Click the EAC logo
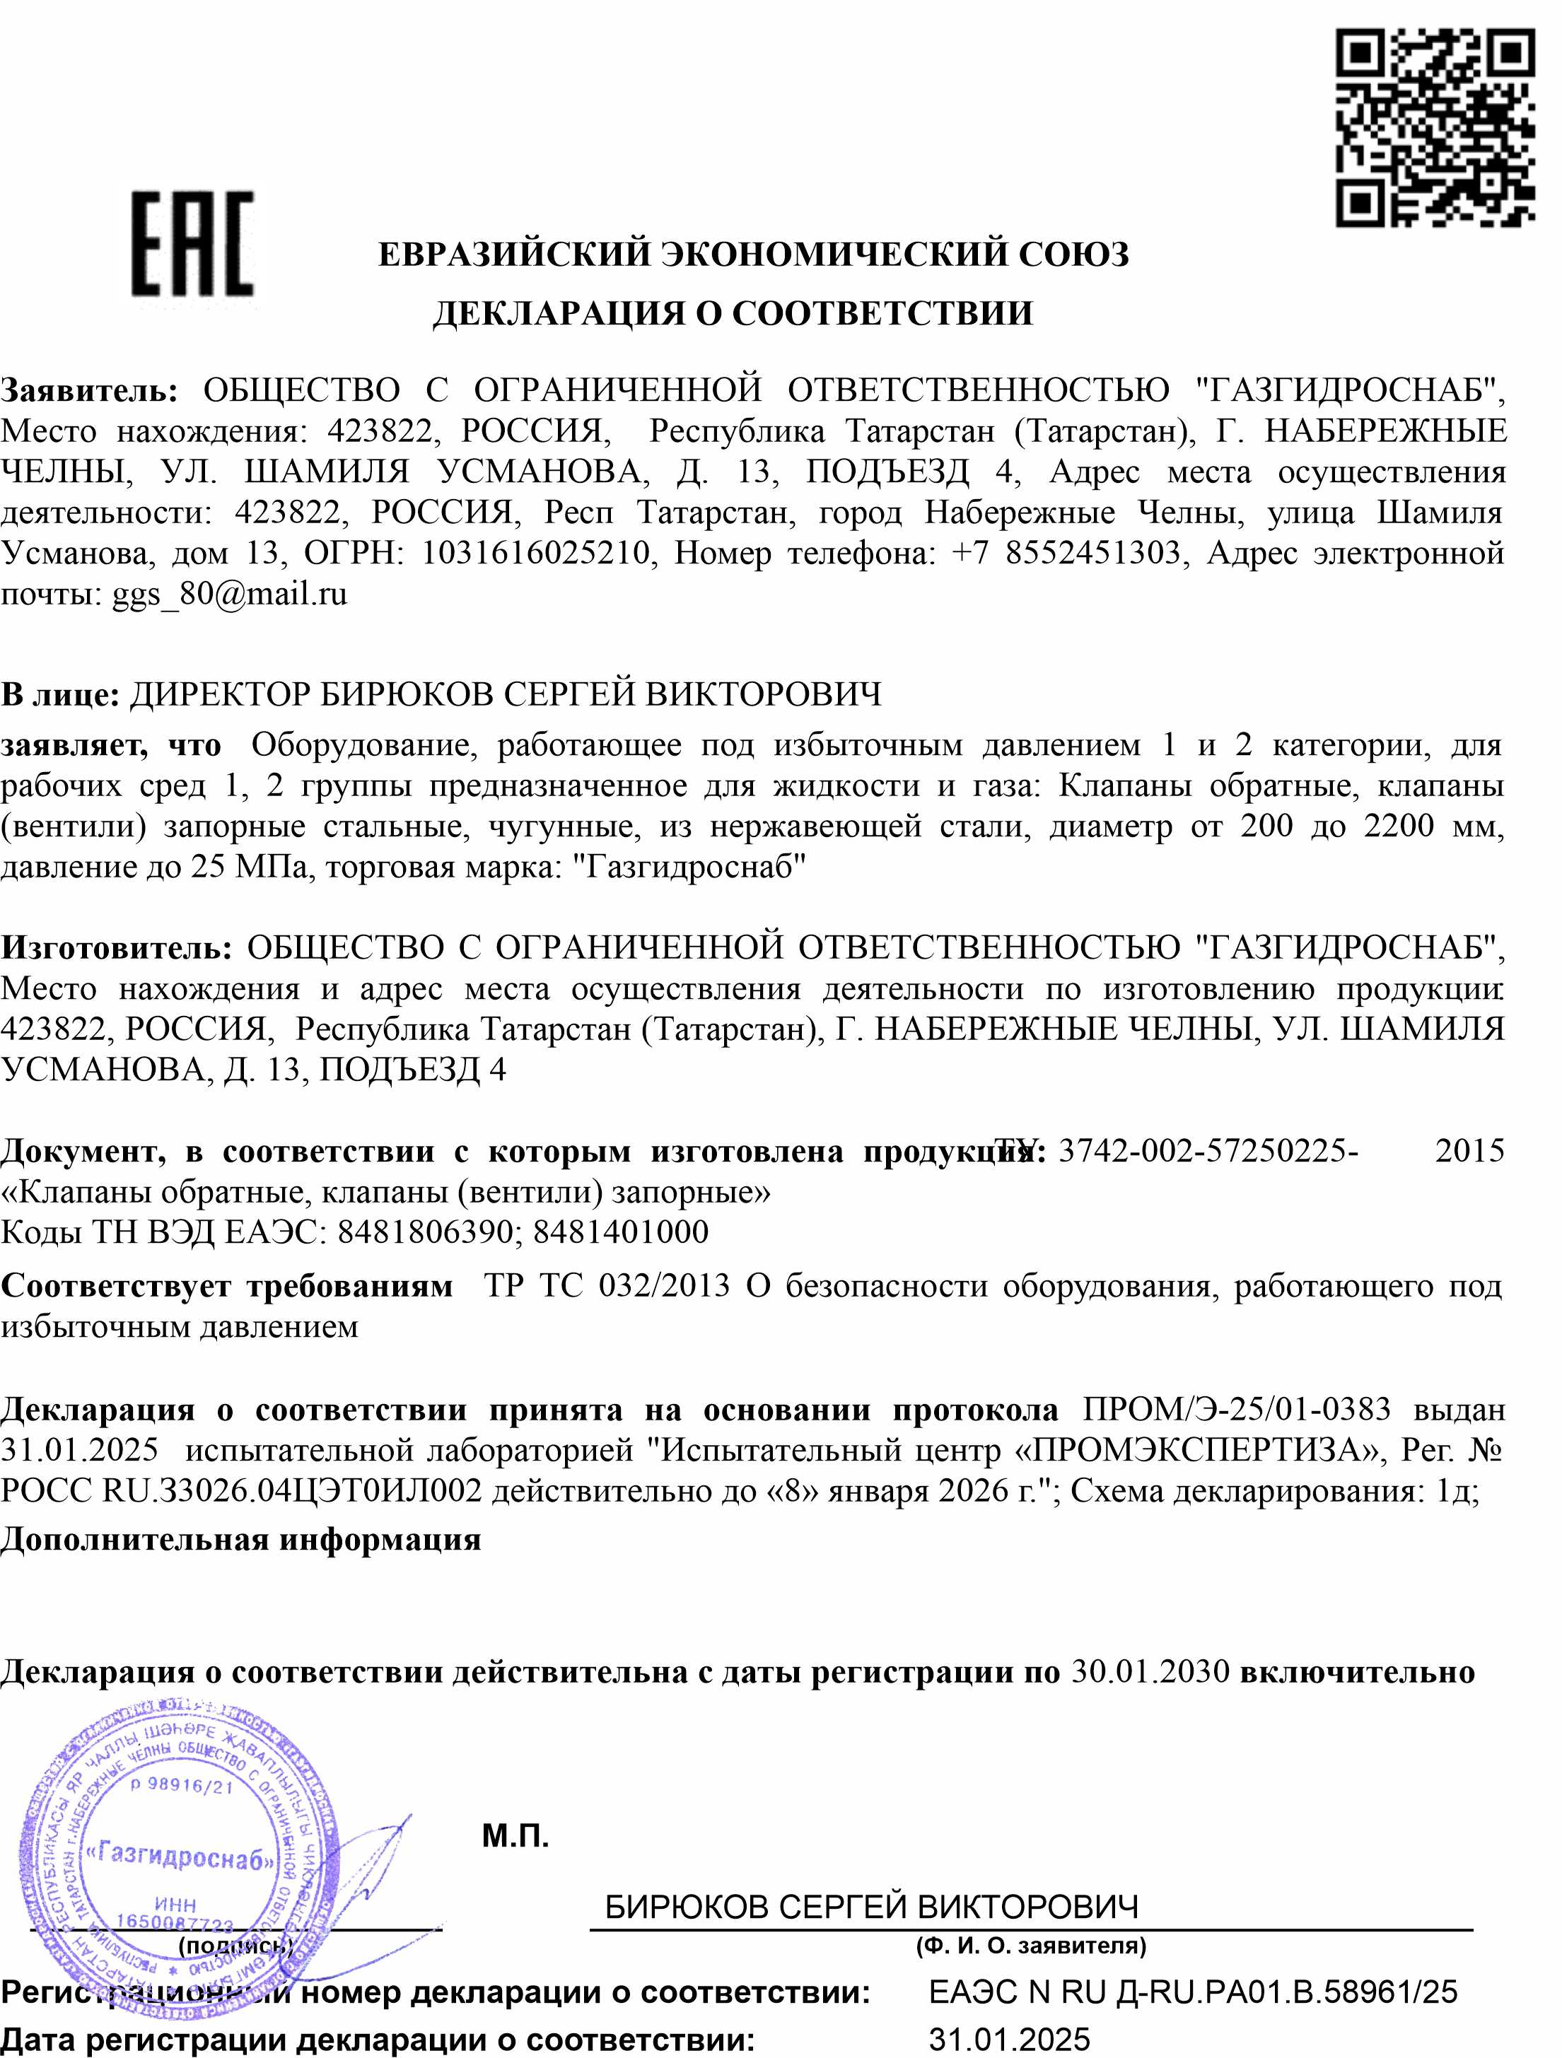pyautogui.click(x=192, y=244)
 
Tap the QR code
pyautogui.click(x=1433, y=127)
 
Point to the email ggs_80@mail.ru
pyautogui.click(x=230, y=594)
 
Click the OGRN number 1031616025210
pyautogui.click(x=536, y=554)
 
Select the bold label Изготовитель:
pyautogui.click(x=115, y=948)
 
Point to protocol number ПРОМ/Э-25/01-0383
pyautogui.click(x=1237, y=1410)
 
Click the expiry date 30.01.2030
pyautogui.click(x=1150, y=1672)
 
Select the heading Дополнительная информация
pyautogui.click(x=241, y=1539)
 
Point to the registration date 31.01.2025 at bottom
pyautogui.click(x=1008, y=2040)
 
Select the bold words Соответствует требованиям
pyautogui.click(x=227, y=1286)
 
